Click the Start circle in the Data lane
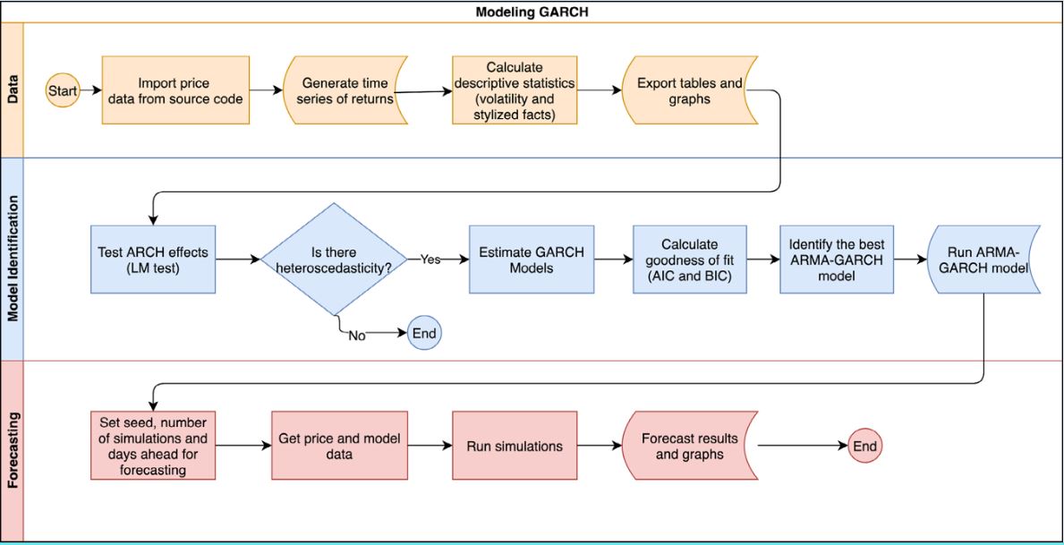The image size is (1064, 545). [x=63, y=90]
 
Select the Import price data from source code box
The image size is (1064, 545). [x=175, y=90]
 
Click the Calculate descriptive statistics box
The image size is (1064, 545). [x=515, y=90]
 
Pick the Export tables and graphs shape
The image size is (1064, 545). [x=689, y=90]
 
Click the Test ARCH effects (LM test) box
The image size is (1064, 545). [x=153, y=259]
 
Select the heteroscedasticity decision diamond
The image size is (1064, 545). [x=333, y=259]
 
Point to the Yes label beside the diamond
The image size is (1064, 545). [x=431, y=259]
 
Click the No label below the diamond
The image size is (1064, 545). [x=357, y=336]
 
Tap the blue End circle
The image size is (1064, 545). [x=424, y=333]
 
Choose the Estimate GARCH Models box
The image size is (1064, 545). [x=532, y=259]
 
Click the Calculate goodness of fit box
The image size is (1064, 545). [x=689, y=259]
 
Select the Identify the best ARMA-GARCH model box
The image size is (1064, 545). [x=836, y=259]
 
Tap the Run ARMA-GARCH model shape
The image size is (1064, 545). [x=983, y=259]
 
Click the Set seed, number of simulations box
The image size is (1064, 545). [x=153, y=445]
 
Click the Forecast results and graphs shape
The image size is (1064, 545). [x=690, y=445]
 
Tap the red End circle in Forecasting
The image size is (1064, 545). [x=864, y=445]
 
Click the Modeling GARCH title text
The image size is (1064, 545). [x=532, y=12]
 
